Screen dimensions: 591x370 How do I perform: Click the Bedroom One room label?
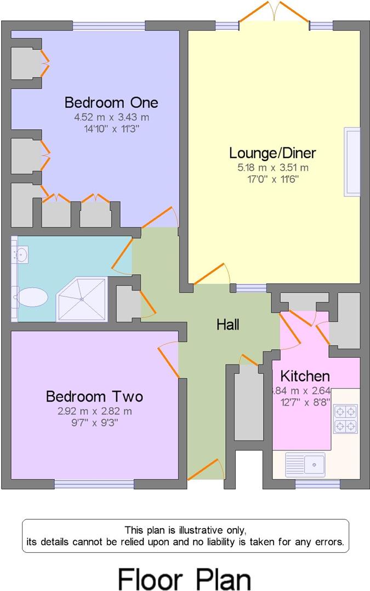click(x=111, y=102)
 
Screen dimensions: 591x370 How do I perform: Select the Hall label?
click(x=227, y=325)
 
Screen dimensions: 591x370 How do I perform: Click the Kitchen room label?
click(x=305, y=376)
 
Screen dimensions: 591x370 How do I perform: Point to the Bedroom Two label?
click(x=94, y=396)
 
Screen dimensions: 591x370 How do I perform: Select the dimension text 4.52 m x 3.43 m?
click(x=111, y=117)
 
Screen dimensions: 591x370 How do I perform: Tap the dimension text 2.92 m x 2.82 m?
click(x=94, y=411)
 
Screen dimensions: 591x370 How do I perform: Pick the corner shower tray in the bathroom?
click(x=82, y=299)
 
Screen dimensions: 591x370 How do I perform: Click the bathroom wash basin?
click(x=21, y=254)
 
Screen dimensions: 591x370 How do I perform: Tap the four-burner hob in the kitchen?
click(x=345, y=419)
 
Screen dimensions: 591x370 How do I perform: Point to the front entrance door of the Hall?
click(x=206, y=470)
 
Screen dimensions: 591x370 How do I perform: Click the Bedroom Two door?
click(x=169, y=361)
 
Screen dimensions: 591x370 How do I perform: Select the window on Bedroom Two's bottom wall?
click(x=94, y=484)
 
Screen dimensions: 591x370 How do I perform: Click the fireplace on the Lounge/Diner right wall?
click(x=351, y=161)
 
